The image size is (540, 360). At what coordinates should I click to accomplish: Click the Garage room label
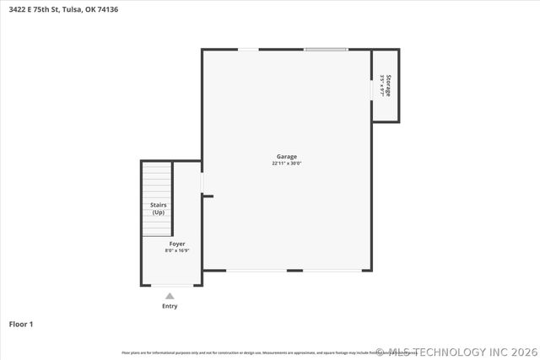[x=287, y=157]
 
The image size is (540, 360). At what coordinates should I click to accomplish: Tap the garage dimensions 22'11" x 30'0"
[x=287, y=164]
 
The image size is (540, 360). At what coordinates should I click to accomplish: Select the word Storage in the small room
[x=388, y=85]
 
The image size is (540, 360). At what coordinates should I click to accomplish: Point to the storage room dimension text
[x=382, y=85]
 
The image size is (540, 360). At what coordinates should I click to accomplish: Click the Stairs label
[x=158, y=205]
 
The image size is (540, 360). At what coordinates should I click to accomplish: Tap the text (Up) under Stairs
[x=158, y=212]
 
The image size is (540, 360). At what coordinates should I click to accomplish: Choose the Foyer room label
[x=177, y=244]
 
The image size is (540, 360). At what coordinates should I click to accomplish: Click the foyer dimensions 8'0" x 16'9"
[x=177, y=250]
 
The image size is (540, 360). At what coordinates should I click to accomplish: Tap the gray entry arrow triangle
[x=170, y=296]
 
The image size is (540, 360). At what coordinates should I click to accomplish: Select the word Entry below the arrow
[x=170, y=306]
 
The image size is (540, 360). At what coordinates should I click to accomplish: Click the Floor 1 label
[x=21, y=324]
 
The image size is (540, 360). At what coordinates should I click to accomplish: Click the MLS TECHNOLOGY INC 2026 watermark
[x=456, y=352]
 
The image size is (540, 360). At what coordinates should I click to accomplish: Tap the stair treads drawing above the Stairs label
[x=156, y=180]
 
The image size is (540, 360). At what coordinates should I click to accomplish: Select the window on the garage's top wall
[x=326, y=49]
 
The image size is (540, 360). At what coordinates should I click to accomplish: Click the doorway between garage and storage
[x=371, y=89]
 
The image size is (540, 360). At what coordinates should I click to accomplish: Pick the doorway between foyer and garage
[x=202, y=183]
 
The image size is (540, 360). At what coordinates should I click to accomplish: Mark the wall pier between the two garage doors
[x=294, y=271]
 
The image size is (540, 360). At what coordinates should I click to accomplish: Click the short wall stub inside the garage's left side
[x=208, y=196]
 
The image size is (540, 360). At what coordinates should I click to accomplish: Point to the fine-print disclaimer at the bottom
[x=253, y=352]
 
